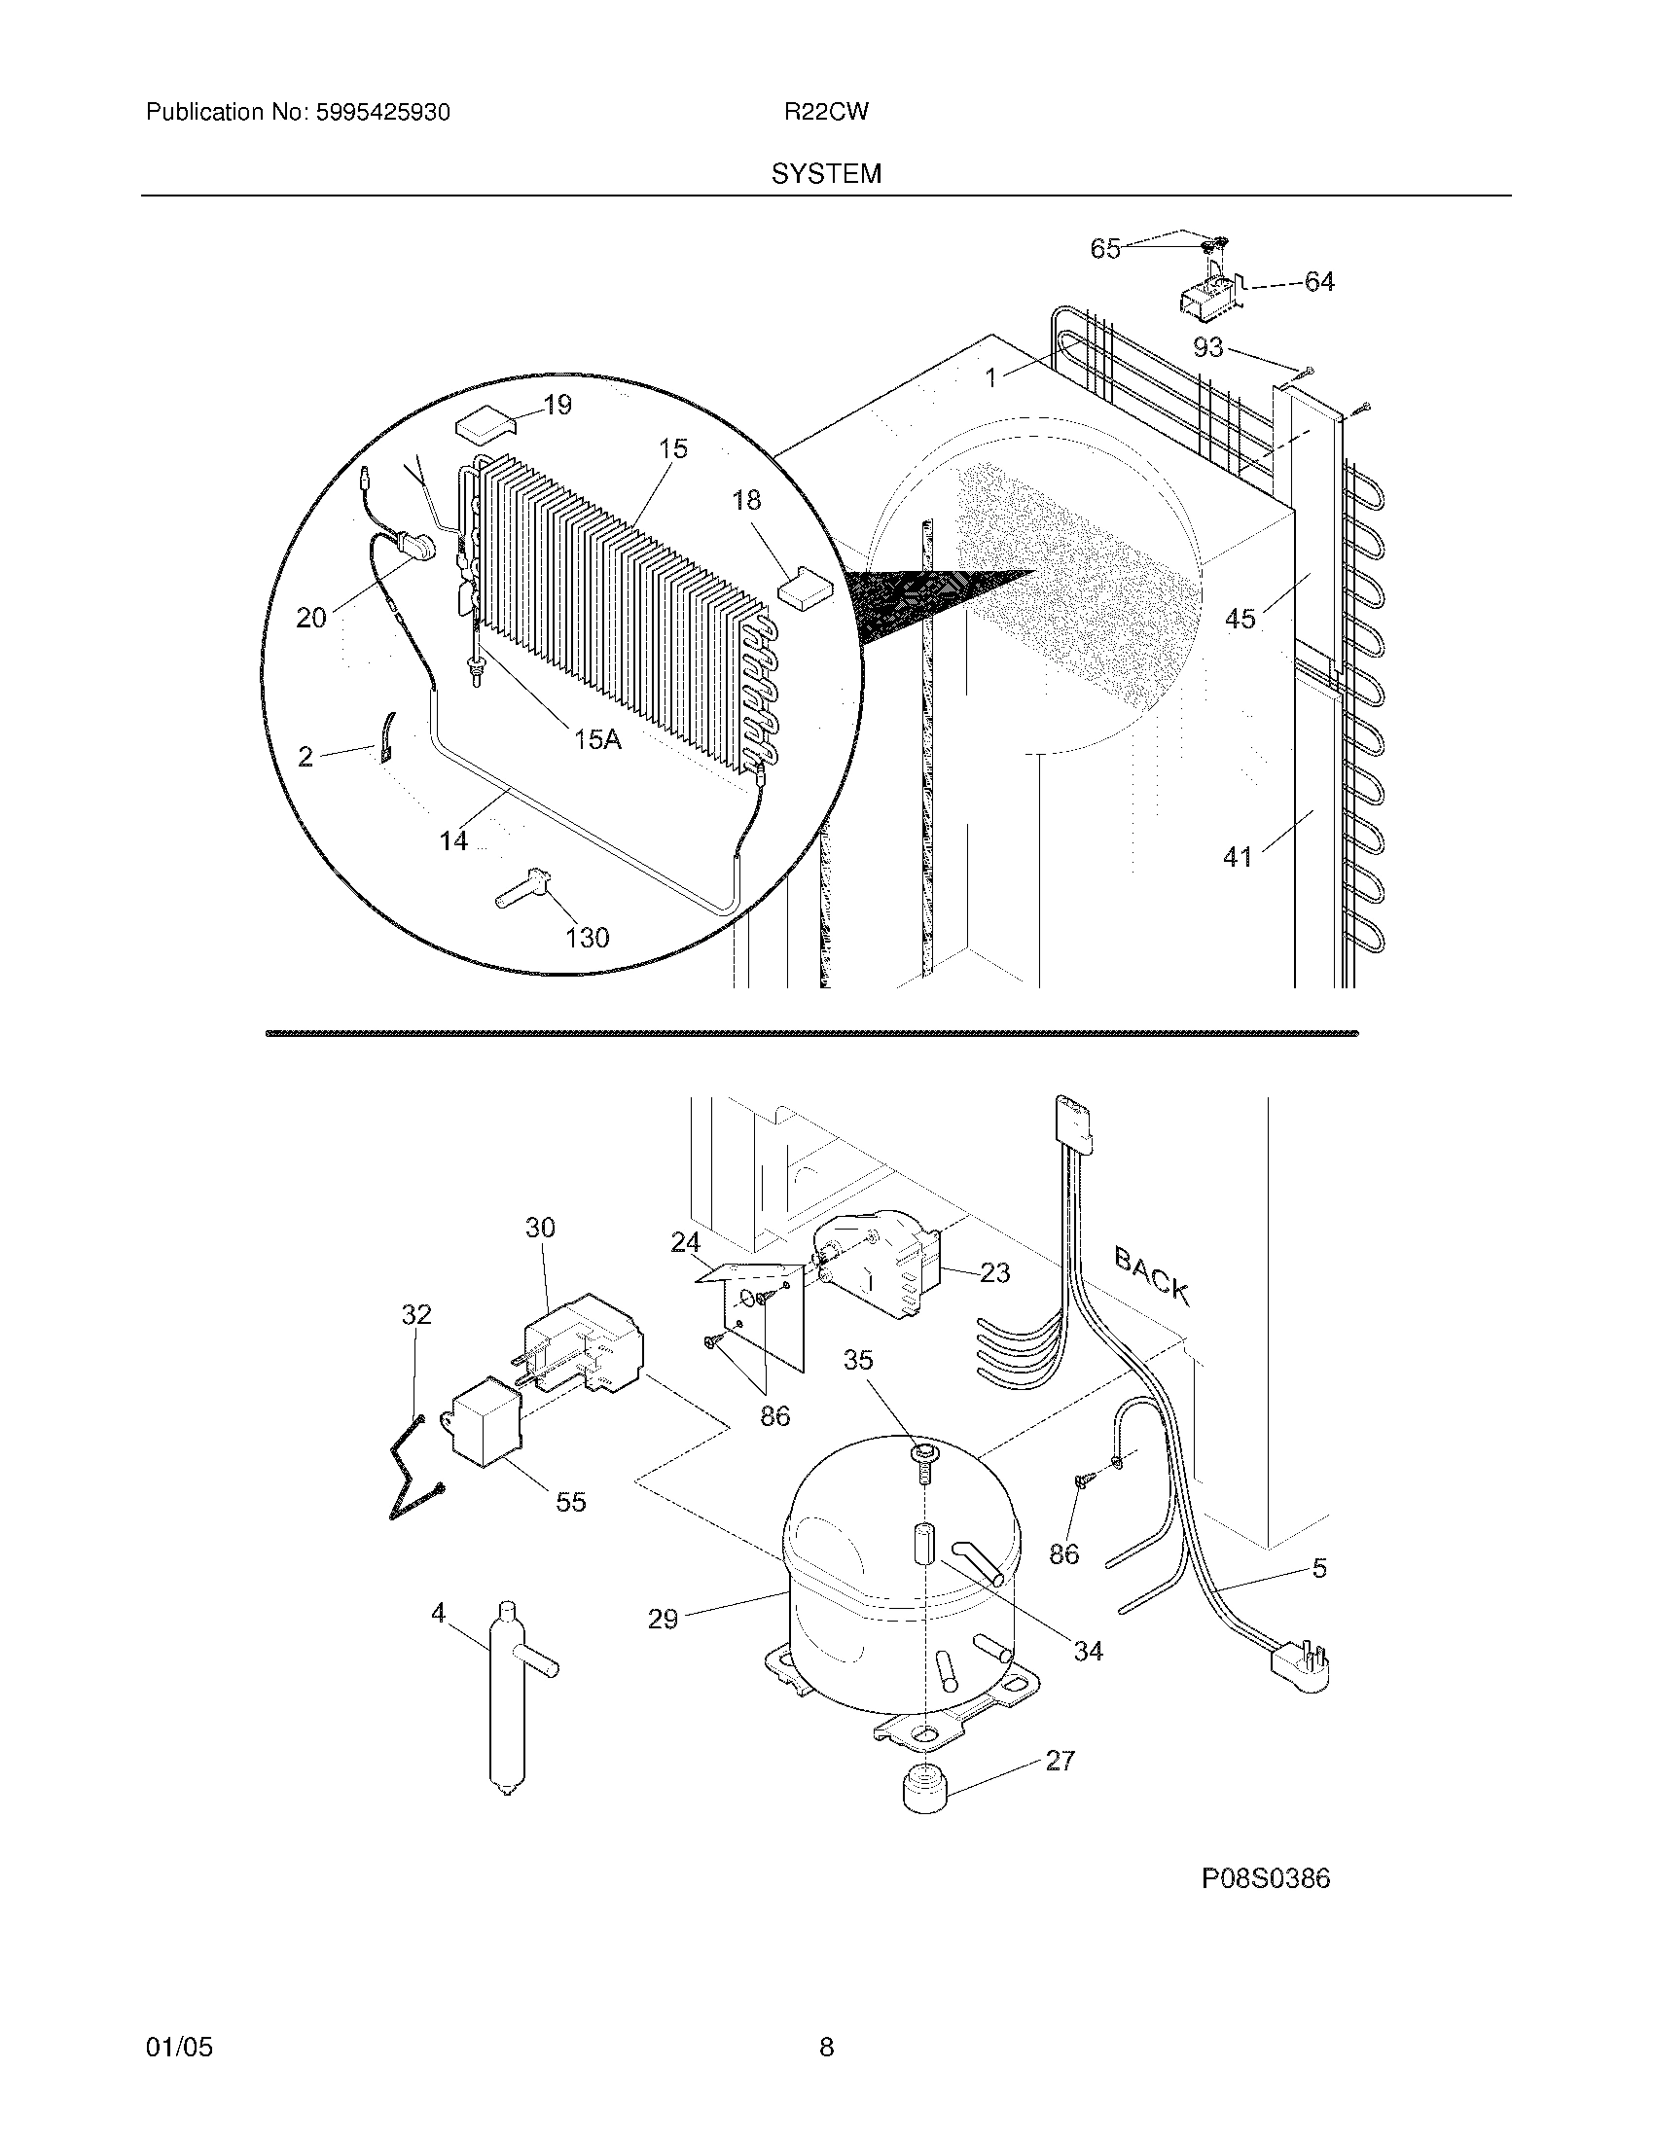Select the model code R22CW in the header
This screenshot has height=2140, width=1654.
point(825,113)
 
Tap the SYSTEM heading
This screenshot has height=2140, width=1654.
point(826,174)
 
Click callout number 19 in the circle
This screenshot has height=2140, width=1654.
point(557,405)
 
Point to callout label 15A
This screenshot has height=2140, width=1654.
point(597,740)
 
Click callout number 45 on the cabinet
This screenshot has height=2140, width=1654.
point(1240,619)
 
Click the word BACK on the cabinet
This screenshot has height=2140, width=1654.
point(1152,1276)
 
